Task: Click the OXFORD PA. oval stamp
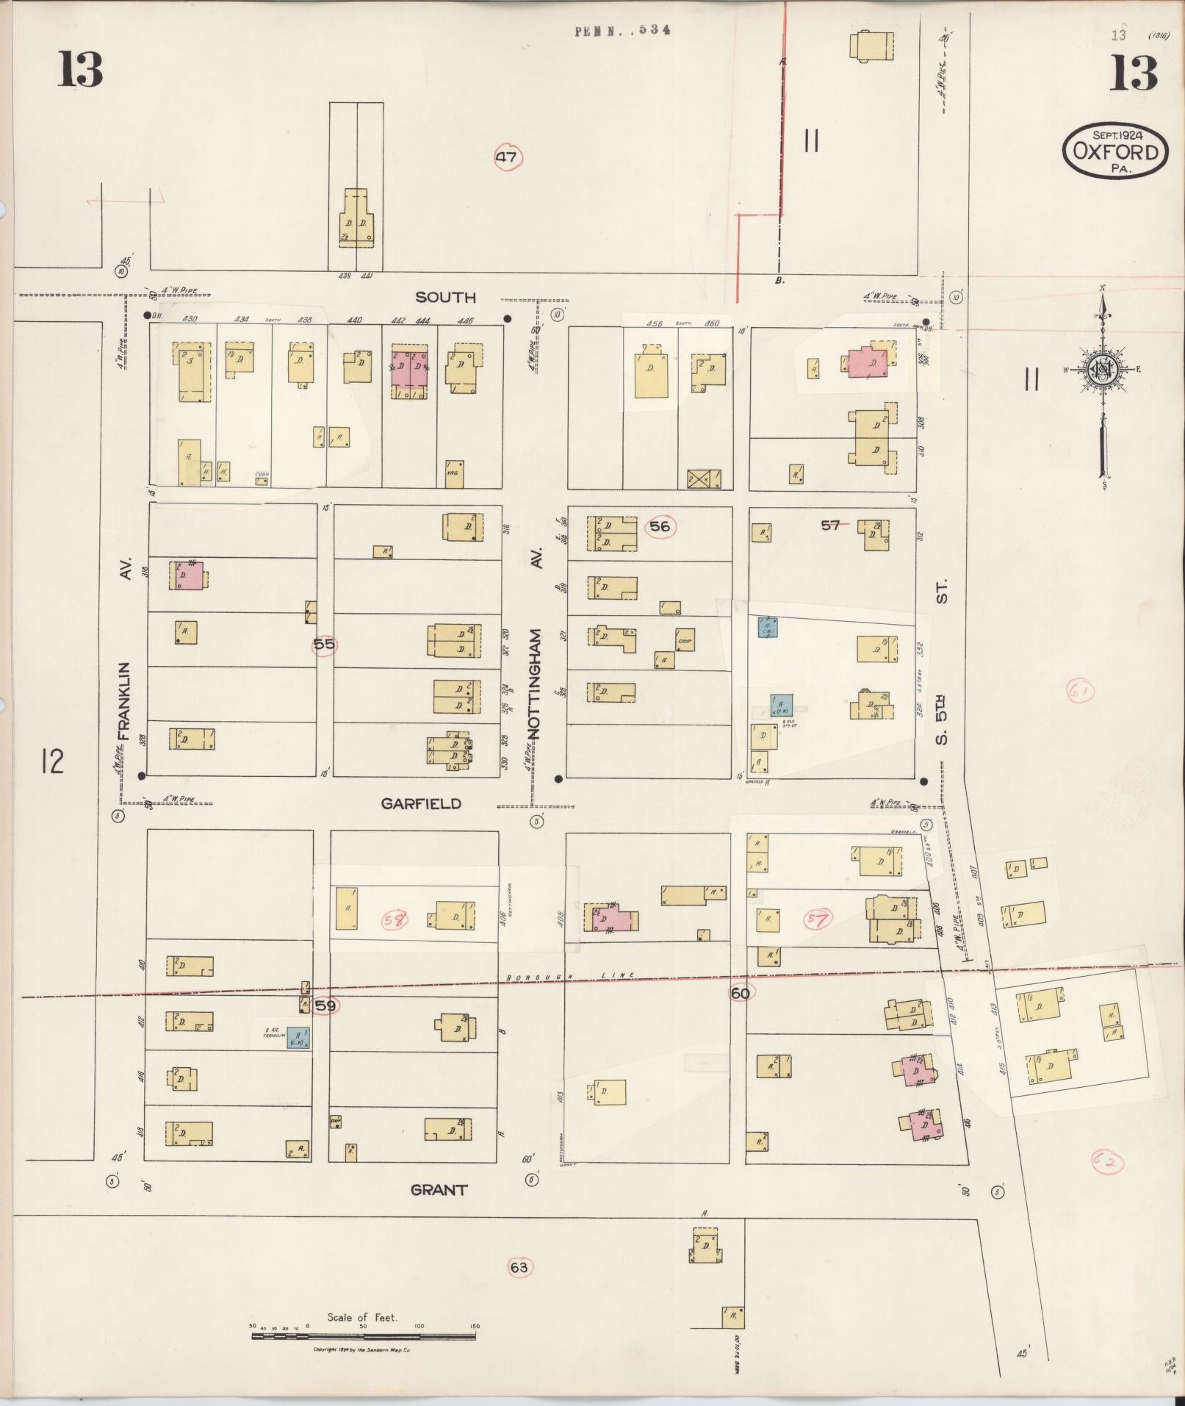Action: [x=1115, y=151]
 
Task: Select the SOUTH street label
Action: [x=445, y=297]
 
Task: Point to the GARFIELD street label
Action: [x=421, y=803]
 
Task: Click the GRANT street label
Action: [x=438, y=1189]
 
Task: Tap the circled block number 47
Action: [x=508, y=157]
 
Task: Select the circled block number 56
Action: [x=660, y=526]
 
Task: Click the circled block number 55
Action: [x=324, y=645]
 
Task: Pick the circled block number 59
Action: [x=324, y=1005]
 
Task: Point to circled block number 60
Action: [x=740, y=993]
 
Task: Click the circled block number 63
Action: [x=519, y=1266]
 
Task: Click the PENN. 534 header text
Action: [x=622, y=31]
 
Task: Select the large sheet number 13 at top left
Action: [x=80, y=70]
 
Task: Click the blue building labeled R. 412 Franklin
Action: [x=297, y=1037]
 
